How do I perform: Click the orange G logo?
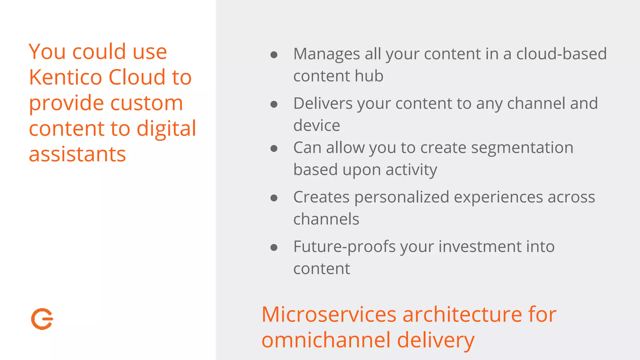42,319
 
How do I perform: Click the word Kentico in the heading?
65,77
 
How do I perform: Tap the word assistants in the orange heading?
77,154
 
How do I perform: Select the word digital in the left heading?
166,129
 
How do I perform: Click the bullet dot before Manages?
274,55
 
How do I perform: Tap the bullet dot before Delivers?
274,104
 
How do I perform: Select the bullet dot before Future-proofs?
274,248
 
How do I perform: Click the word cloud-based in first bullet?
561,54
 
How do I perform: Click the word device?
317,126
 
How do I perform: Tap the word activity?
411,170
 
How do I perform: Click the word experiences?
498,197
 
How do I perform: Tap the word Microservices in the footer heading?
329,314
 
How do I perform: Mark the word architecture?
462,314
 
